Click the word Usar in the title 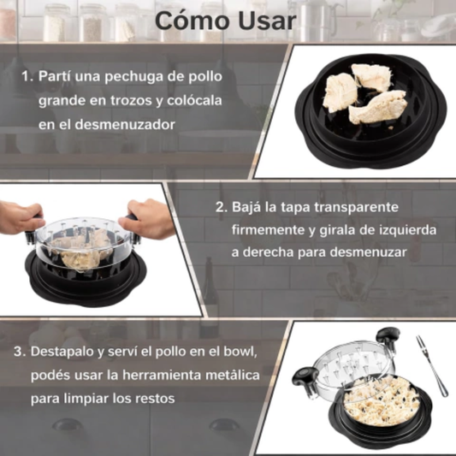(264, 21)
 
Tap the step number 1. (26, 75)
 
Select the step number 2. (220, 207)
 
